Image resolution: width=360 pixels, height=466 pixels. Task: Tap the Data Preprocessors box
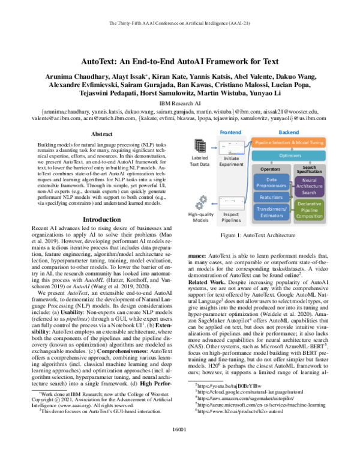tap(271, 183)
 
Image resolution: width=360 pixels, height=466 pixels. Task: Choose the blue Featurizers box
tap(271, 196)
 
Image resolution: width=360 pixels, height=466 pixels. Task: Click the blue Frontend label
tap(230, 131)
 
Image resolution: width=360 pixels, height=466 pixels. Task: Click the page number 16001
tap(180, 446)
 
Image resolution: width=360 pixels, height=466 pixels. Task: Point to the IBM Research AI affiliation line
tap(180, 103)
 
